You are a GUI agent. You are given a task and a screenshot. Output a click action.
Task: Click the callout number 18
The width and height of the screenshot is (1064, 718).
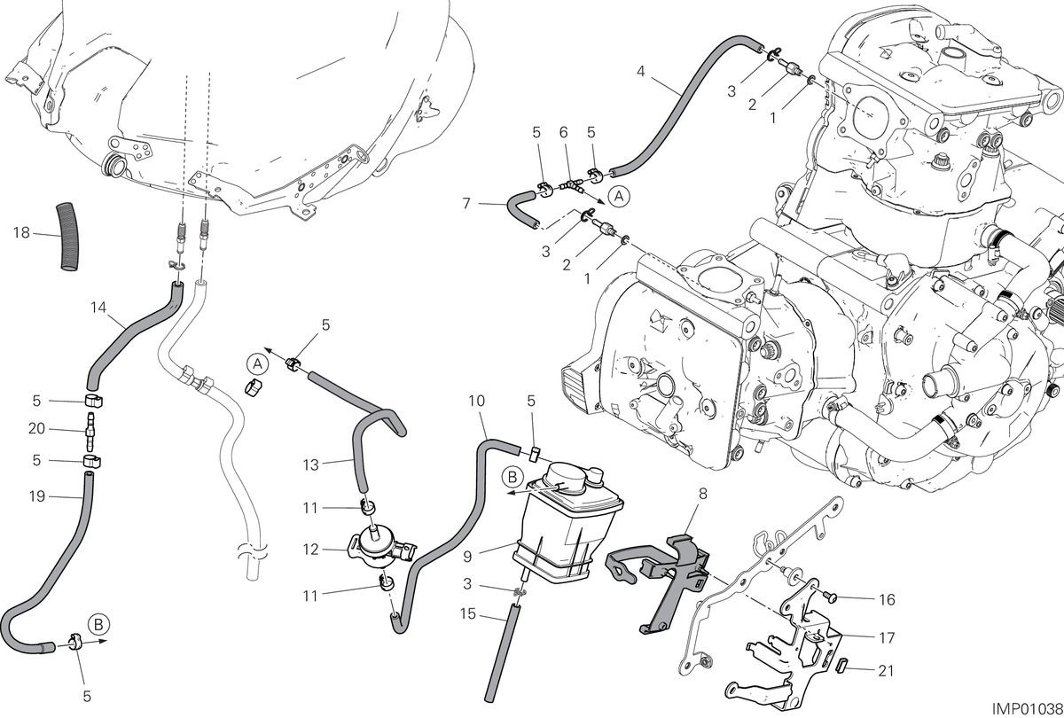click(x=21, y=232)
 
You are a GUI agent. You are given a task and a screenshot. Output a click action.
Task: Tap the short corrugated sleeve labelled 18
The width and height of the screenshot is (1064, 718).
click(x=68, y=237)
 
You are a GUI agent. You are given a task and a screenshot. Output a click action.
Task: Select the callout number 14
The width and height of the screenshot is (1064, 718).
click(x=98, y=308)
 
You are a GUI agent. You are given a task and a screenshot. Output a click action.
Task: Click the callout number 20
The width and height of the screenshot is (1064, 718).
click(x=36, y=429)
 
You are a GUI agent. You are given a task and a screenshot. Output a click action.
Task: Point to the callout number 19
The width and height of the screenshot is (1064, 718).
click(x=36, y=496)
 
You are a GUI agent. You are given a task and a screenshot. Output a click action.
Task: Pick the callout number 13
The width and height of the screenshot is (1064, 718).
click(x=310, y=464)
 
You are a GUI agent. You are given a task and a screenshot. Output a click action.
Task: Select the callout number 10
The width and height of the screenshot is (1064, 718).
click(x=476, y=402)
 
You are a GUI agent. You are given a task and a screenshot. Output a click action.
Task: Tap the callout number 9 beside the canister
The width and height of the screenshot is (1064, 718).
click(x=467, y=557)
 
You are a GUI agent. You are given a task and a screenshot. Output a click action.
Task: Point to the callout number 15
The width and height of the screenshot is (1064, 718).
click(x=468, y=614)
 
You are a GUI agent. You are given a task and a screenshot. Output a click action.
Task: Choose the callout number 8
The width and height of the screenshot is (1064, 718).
click(x=703, y=494)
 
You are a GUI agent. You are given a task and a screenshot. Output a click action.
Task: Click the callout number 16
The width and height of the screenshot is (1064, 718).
click(x=887, y=600)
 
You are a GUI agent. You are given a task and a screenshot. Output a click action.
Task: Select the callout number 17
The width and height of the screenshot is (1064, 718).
click(x=887, y=637)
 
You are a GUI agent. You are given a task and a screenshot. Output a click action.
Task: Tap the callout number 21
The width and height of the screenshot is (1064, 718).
click(x=887, y=671)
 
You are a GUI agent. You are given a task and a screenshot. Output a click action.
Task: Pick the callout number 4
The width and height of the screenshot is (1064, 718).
click(x=641, y=72)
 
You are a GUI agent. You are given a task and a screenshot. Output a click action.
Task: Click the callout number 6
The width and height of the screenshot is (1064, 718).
click(x=563, y=132)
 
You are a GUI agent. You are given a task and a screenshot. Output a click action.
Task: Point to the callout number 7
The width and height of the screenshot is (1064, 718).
click(x=466, y=204)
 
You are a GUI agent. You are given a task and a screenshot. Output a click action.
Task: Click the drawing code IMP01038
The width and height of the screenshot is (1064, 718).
click(x=1027, y=709)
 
